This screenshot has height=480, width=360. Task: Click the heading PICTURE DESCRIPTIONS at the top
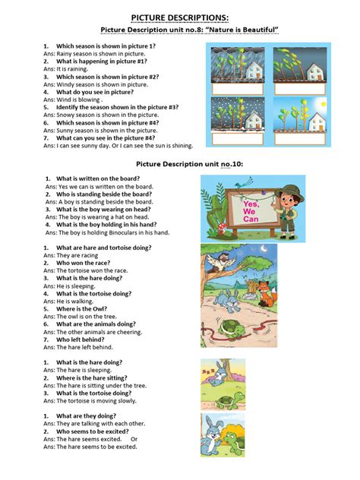click(179, 16)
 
